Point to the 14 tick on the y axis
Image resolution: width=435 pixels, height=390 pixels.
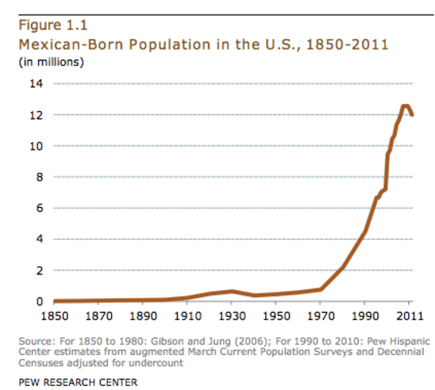pyautogui.click(x=36, y=84)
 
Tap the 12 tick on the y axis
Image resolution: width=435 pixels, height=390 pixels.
pyautogui.click(x=36, y=115)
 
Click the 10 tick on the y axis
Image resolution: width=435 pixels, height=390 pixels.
pyautogui.click(x=36, y=146)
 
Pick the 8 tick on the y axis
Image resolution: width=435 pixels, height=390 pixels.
pyautogui.click(x=39, y=177)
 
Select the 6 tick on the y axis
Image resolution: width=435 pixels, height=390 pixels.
pyautogui.click(x=39, y=208)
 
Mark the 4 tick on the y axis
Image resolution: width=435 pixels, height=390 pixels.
pyautogui.click(x=39, y=239)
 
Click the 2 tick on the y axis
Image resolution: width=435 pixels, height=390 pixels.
pyautogui.click(x=39, y=270)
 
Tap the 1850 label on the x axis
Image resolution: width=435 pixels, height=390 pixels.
pyautogui.click(x=54, y=315)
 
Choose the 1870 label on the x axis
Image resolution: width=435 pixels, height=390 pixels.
pyautogui.click(x=99, y=315)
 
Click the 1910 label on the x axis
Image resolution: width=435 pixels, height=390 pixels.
pyautogui.click(x=187, y=315)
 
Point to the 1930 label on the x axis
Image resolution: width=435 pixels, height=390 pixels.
pyautogui.click(x=232, y=315)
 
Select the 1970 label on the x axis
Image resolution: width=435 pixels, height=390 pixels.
pyautogui.click(x=321, y=315)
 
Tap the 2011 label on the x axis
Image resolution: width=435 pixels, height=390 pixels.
pyautogui.click(x=411, y=315)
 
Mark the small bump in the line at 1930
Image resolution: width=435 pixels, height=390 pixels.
pyautogui.click(x=232, y=291)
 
